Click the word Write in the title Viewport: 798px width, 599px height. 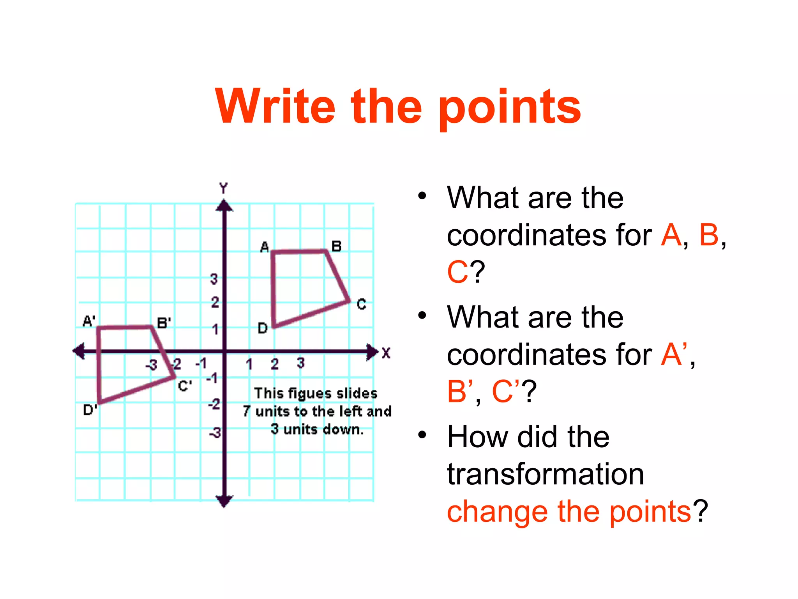(275, 106)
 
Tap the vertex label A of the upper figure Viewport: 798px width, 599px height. (265, 247)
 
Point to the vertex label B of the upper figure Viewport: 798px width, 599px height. (336, 246)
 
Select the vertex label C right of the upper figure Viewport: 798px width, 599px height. (362, 304)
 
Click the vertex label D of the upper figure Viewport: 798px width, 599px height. (263, 328)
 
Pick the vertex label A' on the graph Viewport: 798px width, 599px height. (89, 321)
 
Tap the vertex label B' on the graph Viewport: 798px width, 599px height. (164, 323)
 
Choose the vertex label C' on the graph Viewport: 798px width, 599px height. (185, 386)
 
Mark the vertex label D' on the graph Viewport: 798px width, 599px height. (90, 410)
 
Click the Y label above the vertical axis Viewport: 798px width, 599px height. (223, 188)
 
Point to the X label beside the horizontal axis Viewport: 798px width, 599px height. (386, 353)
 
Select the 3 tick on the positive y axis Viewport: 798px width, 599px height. (214, 279)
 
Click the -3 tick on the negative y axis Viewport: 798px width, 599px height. (215, 433)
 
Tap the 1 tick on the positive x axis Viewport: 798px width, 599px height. (249, 364)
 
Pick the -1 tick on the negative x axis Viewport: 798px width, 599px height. (201, 363)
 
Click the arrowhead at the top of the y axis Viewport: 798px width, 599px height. (224, 206)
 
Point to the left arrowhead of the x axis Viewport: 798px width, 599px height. (79, 351)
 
